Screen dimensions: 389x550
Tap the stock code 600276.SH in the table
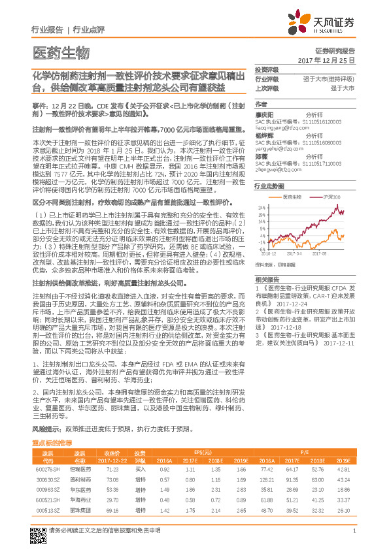pos(47,470)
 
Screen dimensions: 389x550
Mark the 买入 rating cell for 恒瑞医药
pos(139,470)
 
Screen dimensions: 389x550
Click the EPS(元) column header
pos(206,452)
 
